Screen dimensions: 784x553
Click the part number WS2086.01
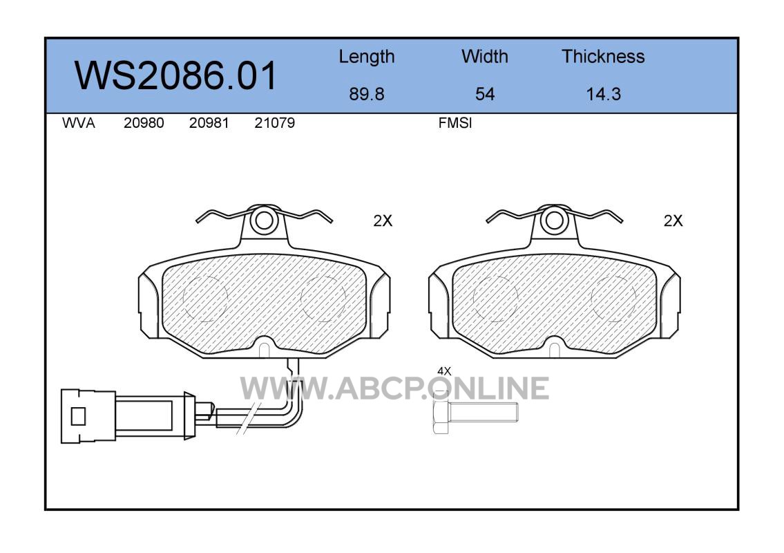coord(175,75)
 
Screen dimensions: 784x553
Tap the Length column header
coord(367,57)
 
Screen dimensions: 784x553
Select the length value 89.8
coord(367,94)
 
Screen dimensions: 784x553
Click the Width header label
coord(484,56)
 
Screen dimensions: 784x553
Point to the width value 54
coord(484,94)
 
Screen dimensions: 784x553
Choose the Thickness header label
coord(603,56)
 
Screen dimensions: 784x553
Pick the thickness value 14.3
coord(604,94)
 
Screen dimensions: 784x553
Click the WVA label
coord(79,123)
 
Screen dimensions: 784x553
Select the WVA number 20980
coord(144,123)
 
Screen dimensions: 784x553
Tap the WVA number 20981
coord(209,123)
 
